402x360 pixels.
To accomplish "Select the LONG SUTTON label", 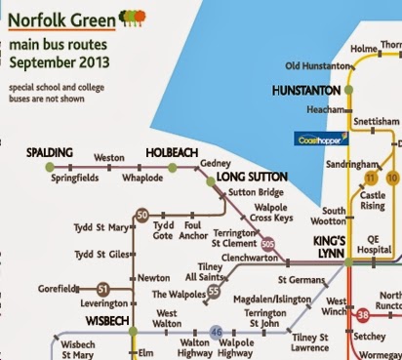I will pos(253,178).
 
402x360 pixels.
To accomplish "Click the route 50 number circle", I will pos(142,214).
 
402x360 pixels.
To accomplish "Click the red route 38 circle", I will pos(363,315).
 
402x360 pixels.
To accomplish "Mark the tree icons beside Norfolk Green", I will pos(134,18).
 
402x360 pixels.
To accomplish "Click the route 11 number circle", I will pos(370,179).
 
